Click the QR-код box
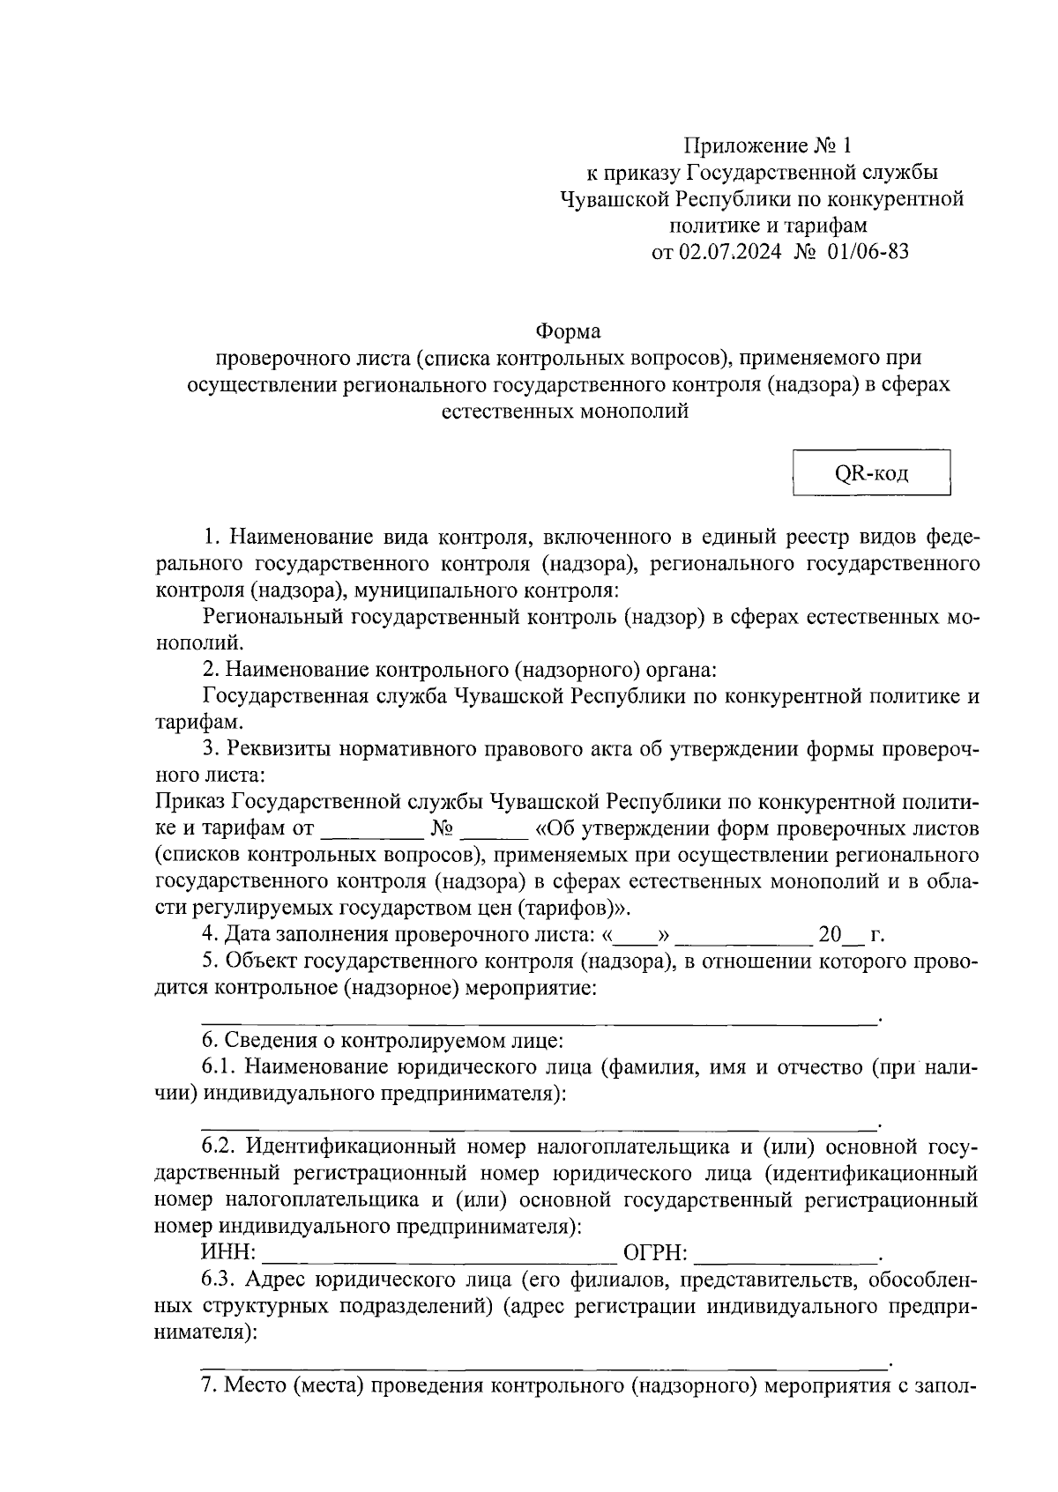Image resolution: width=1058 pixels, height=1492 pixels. [871, 474]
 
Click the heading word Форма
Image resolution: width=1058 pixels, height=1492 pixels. [568, 332]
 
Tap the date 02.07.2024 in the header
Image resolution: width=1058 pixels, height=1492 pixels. [729, 252]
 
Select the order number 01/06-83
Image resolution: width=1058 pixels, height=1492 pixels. [868, 252]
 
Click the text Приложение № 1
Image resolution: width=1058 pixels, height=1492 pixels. [769, 145]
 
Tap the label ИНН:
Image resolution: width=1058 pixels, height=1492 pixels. [228, 1253]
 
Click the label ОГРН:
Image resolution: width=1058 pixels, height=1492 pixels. [655, 1253]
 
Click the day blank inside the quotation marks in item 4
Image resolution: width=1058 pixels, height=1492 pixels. [635, 935]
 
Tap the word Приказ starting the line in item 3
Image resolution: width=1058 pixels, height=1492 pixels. [190, 802]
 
